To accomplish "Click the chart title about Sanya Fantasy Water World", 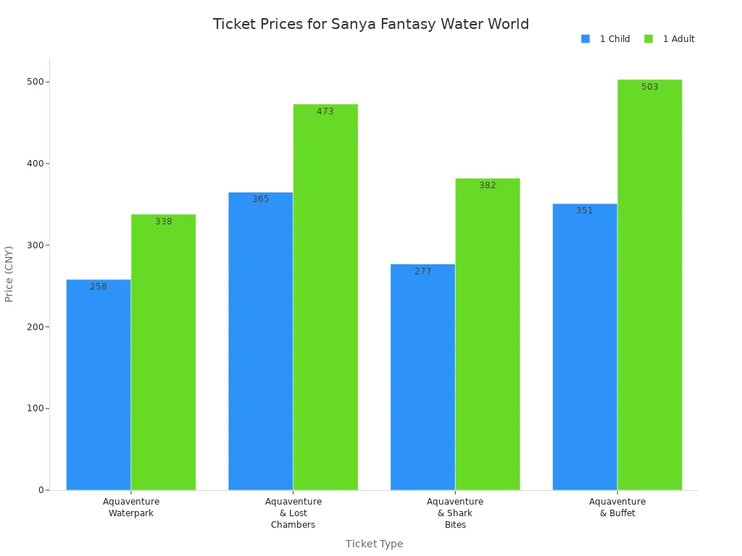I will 370,24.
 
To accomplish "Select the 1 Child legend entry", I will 606,39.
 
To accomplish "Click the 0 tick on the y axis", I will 41,490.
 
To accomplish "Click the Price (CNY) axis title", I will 9,274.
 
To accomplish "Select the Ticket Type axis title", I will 374,544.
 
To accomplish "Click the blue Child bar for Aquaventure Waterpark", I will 99,384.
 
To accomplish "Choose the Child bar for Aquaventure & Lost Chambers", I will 260,340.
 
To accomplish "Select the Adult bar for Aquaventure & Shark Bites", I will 488,334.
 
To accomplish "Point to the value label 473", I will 325,111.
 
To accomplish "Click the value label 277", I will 423,271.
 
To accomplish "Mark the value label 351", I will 585,211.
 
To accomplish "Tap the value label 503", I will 650,87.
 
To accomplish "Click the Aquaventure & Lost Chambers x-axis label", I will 293,513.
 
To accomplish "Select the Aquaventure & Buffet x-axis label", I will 617,507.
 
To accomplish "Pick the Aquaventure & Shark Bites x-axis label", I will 455,513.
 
